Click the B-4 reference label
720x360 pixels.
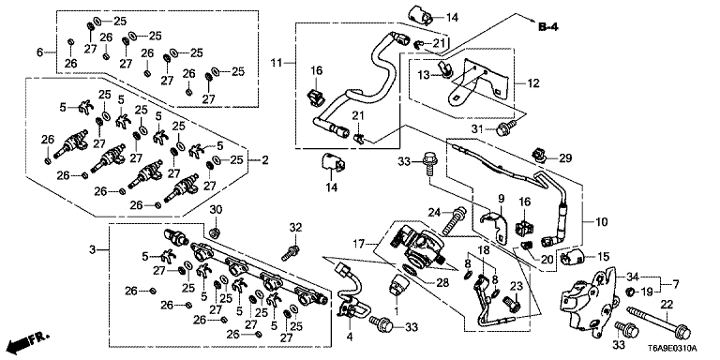click(547, 28)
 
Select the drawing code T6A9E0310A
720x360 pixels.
click(675, 348)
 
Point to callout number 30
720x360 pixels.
click(216, 210)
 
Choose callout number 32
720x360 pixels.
click(295, 226)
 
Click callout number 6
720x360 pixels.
click(39, 52)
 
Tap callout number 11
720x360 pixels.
click(275, 62)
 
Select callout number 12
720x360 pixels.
click(533, 84)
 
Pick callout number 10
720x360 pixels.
click(601, 222)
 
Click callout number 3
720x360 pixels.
click(92, 250)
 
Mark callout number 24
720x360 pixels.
click(434, 212)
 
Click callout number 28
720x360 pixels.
click(442, 283)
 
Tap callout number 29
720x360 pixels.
click(565, 158)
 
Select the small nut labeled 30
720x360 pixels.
click(215, 233)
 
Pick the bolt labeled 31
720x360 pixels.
click(504, 129)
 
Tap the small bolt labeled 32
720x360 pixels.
click(291, 252)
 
